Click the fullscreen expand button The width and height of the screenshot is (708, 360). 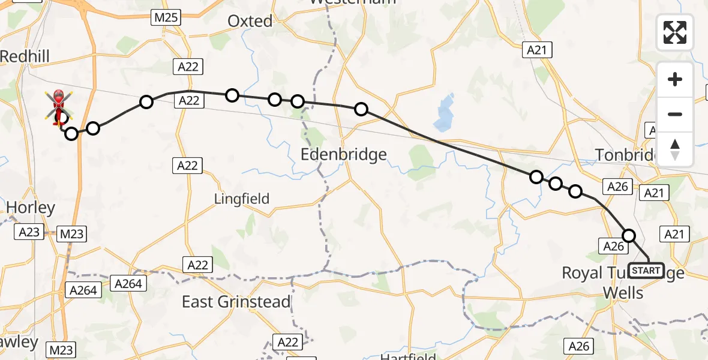coord(675,32)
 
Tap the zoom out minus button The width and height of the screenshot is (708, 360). coord(675,114)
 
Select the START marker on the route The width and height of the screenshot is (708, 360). coord(646,271)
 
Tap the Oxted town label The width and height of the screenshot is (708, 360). coord(250,21)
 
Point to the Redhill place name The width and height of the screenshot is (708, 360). coord(25,56)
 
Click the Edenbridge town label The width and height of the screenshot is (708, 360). coord(343,155)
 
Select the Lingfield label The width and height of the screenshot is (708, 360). coord(242,199)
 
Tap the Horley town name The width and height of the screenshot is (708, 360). coord(30,208)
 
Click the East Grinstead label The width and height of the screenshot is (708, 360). coord(236,302)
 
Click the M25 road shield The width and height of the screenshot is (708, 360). coord(166,17)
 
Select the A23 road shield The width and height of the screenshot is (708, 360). coord(29,233)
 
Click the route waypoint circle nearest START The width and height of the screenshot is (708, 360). coord(629,235)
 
